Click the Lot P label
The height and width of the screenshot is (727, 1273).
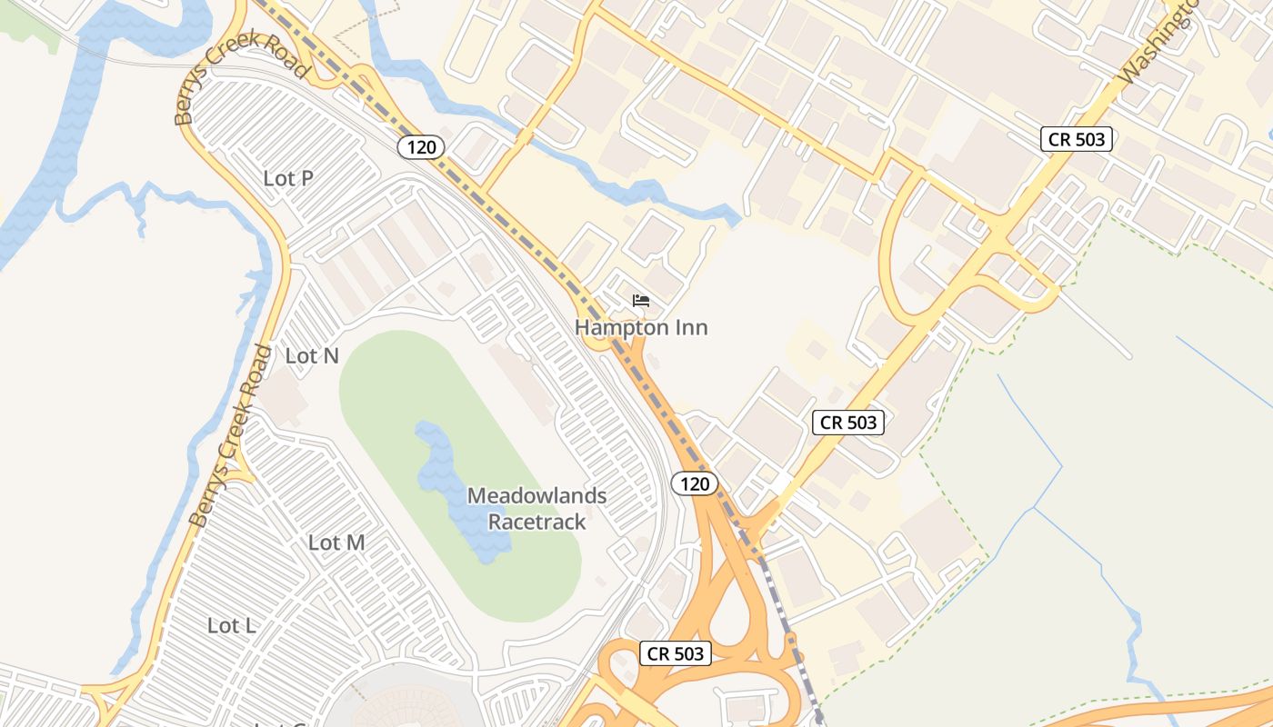pos(288,179)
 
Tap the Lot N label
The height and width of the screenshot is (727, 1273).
pos(312,356)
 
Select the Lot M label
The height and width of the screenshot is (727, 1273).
pos(336,543)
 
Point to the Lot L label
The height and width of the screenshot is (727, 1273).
pos(231,625)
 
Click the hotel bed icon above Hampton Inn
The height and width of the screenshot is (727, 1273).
pos(641,301)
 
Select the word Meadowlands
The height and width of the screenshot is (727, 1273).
pos(536,496)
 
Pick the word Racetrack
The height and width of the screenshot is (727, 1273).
pos(536,522)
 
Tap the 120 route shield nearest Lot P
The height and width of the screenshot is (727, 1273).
pos(420,146)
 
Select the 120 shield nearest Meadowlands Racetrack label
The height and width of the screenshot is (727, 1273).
pos(695,483)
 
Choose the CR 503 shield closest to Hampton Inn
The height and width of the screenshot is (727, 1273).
pos(848,423)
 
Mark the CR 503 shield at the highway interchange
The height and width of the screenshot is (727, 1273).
pos(676,652)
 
